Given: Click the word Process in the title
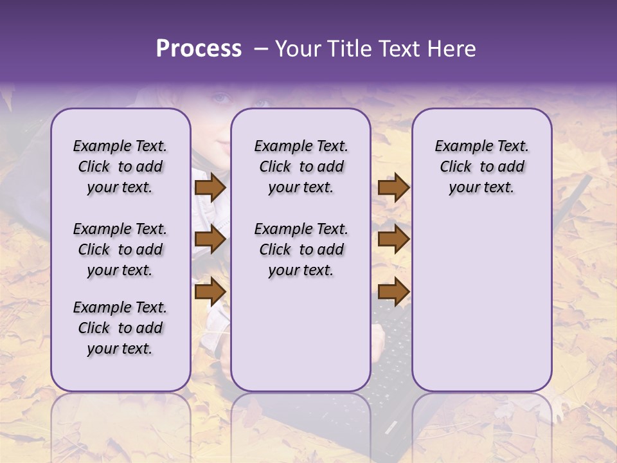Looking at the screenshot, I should [x=199, y=49].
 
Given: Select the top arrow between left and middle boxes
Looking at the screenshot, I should [x=210, y=188].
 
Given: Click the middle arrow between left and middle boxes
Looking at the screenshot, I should [x=210, y=240].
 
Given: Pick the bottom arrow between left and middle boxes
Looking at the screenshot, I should [x=210, y=291].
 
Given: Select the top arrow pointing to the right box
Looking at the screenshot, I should [x=393, y=188].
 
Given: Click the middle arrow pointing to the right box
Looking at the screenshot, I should [x=393, y=240].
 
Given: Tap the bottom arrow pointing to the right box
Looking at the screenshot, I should [x=393, y=291].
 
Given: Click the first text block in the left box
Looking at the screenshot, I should [x=120, y=167].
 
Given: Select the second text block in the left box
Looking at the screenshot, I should [x=120, y=250].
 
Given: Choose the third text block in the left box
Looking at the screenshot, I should [x=120, y=328].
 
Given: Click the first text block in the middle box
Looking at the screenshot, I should [x=301, y=167].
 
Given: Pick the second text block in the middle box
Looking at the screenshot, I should [x=301, y=250].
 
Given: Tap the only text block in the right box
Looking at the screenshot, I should [x=481, y=167].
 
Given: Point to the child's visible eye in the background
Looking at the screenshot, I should [x=220, y=98].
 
